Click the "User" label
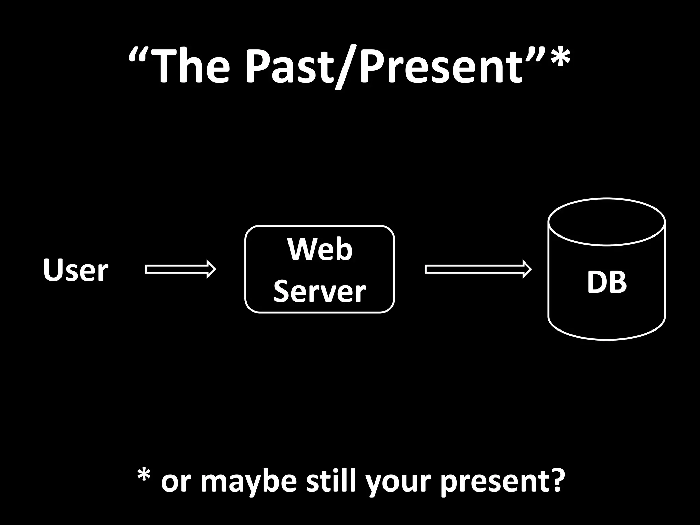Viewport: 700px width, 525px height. (76, 270)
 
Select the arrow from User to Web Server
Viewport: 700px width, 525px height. (180, 269)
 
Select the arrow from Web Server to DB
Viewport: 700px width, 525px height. (478, 269)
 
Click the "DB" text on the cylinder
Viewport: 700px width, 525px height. (607, 282)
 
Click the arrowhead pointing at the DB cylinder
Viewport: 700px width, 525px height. (527, 269)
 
